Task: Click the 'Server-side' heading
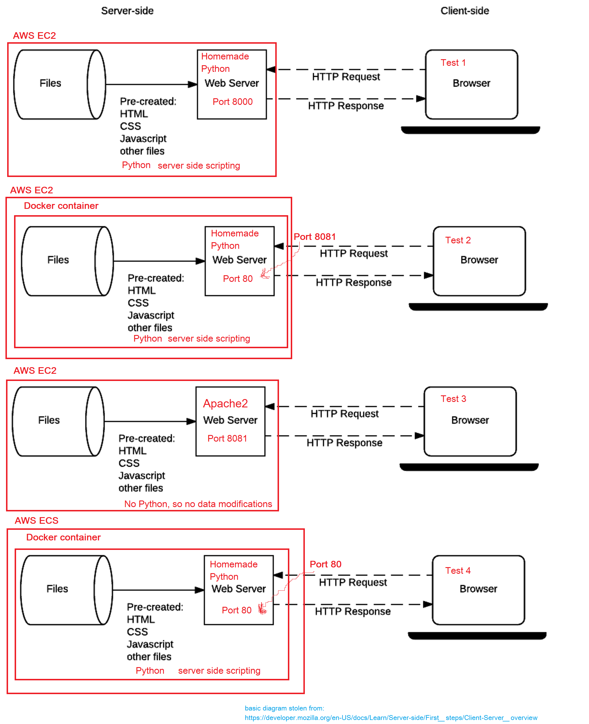click(x=127, y=11)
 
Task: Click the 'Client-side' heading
click(x=464, y=11)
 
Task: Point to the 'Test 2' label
click(x=458, y=240)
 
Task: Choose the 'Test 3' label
click(x=453, y=399)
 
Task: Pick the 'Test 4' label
click(x=458, y=571)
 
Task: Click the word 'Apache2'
click(x=225, y=403)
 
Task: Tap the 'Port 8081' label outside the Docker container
click(x=315, y=237)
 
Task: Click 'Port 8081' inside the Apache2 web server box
click(x=227, y=438)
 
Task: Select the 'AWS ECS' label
click(x=37, y=521)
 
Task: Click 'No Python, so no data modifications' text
click(x=198, y=504)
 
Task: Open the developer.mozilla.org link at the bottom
click(x=391, y=718)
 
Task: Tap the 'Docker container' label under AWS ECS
click(x=63, y=537)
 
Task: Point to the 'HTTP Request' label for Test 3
click(x=344, y=414)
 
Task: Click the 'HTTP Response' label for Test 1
click(x=346, y=106)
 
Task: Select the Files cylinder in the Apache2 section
click(x=58, y=421)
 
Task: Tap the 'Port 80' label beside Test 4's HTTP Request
click(x=325, y=564)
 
